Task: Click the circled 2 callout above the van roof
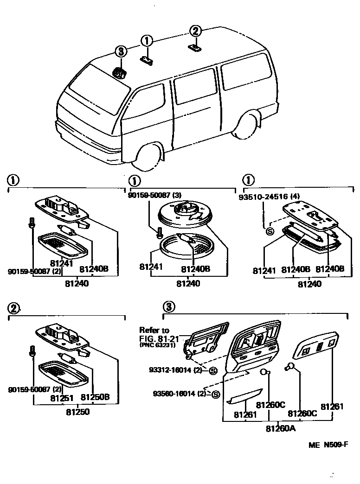click(195, 31)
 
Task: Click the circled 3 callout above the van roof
click(121, 51)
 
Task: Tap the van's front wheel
click(148, 156)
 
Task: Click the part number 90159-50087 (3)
click(154, 196)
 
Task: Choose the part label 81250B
click(95, 397)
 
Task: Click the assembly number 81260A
click(281, 428)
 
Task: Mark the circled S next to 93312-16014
click(213, 370)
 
